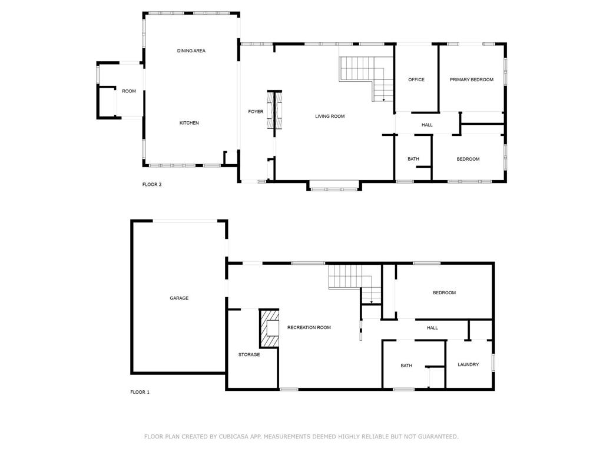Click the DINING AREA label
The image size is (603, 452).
click(191, 51)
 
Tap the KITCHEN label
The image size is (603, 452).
click(189, 123)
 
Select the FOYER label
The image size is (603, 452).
click(256, 111)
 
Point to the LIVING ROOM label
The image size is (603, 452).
click(330, 116)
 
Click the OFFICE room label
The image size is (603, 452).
click(416, 79)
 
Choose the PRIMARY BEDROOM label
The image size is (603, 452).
click(472, 79)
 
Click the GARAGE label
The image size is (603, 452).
click(179, 298)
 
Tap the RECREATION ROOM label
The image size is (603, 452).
click(309, 327)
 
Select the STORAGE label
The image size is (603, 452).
click(249, 354)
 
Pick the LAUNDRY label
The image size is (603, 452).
click(468, 364)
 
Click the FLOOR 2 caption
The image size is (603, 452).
click(152, 184)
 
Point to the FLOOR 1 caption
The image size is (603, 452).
click(140, 392)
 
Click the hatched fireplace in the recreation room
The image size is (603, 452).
click(269, 328)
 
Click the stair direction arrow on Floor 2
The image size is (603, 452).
click(383, 100)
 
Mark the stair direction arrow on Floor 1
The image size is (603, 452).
click(372, 303)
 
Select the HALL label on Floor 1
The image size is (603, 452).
click(432, 328)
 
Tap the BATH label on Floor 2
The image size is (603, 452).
click(413, 159)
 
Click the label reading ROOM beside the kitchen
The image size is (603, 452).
click(129, 91)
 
